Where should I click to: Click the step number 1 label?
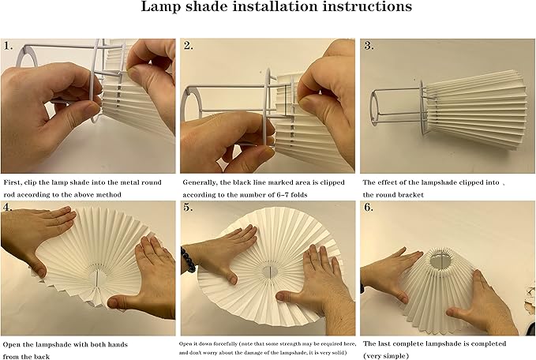(8, 46)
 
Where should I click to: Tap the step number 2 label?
(188, 46)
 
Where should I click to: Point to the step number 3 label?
(369, 46)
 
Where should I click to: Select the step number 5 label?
(188, 207)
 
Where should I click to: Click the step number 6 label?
(369, 207)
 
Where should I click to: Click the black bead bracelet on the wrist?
(187, 260)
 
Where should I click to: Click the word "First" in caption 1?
(13, 182)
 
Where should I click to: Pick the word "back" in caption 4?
(42, 357)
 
